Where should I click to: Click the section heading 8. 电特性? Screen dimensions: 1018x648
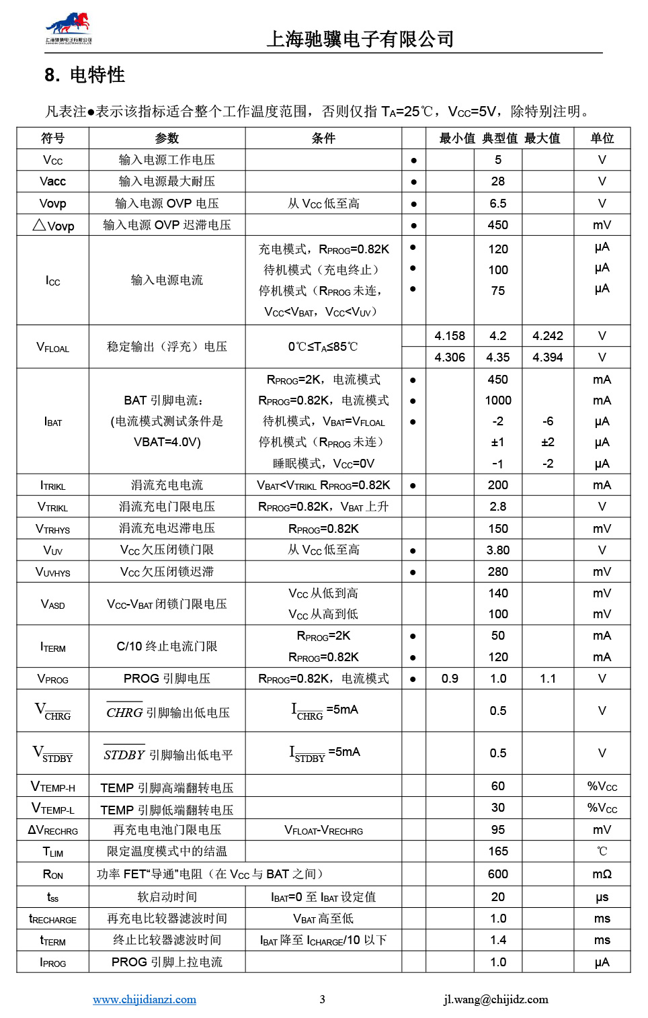85,75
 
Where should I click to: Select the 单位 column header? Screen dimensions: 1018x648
602,138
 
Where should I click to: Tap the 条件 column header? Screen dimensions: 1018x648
323,138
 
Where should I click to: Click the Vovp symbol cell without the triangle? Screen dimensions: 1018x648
52,204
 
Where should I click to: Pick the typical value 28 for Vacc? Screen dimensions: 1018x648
497,181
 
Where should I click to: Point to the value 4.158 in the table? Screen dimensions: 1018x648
450,336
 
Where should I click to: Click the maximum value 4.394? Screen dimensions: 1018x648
547,357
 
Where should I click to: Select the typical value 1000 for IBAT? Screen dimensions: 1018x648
497,400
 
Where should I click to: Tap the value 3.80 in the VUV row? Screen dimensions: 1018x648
497,550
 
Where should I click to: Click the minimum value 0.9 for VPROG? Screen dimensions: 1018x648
450,679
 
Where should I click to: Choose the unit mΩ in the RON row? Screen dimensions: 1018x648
602,874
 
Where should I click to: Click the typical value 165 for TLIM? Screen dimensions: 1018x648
497,851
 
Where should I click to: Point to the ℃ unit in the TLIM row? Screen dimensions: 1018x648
602,851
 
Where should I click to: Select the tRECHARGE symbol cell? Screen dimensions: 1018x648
52,919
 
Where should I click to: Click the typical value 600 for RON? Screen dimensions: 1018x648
497,874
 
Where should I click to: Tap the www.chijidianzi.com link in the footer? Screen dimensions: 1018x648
145,999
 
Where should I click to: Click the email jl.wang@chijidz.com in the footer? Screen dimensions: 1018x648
495,999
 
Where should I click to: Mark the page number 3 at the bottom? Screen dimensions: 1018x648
322,999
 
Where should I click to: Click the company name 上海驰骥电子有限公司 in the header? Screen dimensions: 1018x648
360,39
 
